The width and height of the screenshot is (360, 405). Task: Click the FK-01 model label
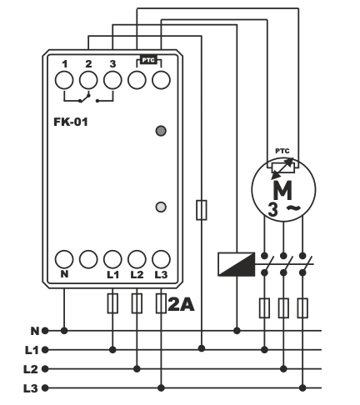pos(71,122)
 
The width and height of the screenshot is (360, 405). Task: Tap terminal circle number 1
pos(64,80)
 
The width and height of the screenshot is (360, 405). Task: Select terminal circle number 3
pos(112,80)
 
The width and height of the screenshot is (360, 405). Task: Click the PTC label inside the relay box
pos(148,60)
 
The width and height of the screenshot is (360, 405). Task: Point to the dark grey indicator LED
pos(161,131)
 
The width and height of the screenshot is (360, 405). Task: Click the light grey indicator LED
pos(161,207)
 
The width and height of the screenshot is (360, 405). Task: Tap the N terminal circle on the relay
pos(64,259)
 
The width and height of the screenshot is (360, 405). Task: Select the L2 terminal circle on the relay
pos(137,259)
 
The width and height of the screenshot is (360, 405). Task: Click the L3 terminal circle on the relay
pos(161,259)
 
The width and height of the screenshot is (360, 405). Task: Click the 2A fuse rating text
pos(181,305)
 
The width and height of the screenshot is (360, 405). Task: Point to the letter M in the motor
pos(282,190)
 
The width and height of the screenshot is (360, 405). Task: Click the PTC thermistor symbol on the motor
pos(283,168)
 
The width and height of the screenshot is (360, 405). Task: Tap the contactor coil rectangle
pos(237,264)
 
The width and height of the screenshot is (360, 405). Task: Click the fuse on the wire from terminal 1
pos(202,210)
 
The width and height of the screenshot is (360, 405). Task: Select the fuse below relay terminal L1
pos(112,303)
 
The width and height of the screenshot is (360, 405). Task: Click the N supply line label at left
pos(35,331)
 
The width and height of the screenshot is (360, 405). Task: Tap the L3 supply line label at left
pos(31,388)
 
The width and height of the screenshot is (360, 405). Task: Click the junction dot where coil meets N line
pos(237,331)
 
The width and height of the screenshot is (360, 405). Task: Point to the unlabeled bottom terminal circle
pos(88,259)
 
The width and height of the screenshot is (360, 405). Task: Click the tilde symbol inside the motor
pos(293,207)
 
